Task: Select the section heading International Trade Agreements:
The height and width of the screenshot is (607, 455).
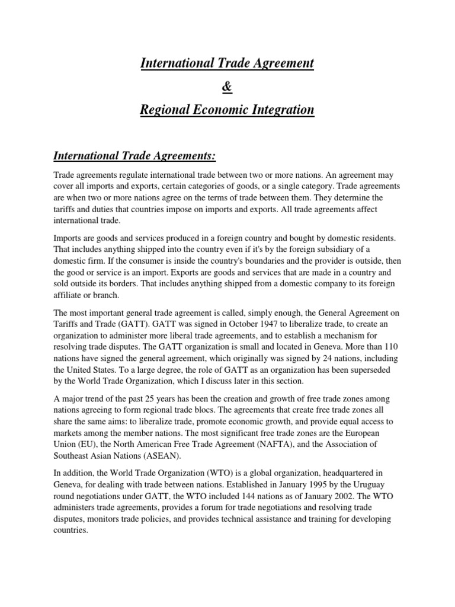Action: (134, 156)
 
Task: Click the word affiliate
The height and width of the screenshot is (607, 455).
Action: (70, 295)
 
